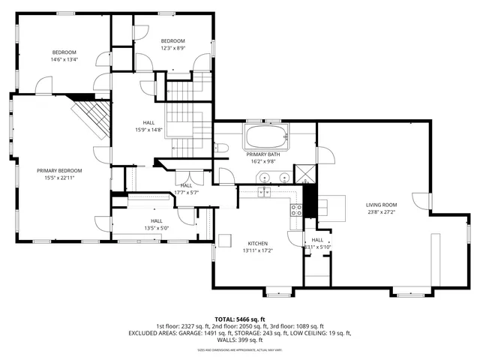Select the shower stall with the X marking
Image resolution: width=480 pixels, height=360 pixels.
[304, 172]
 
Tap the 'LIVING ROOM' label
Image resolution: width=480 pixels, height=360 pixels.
[381, 204]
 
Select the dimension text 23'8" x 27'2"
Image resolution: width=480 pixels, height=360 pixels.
[381, 211]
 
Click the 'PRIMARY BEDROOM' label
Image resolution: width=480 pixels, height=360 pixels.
[59, 170]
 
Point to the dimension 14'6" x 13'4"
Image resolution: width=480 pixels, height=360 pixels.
[64, 59]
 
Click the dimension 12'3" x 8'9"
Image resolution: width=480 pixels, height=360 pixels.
[172, 48]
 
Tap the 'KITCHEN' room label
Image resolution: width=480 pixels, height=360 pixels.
[258, 243]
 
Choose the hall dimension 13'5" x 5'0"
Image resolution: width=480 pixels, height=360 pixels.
[156, 228]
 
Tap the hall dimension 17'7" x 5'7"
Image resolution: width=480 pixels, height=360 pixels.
[186, 192]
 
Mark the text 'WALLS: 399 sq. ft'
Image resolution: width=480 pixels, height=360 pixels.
[239, 340]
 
